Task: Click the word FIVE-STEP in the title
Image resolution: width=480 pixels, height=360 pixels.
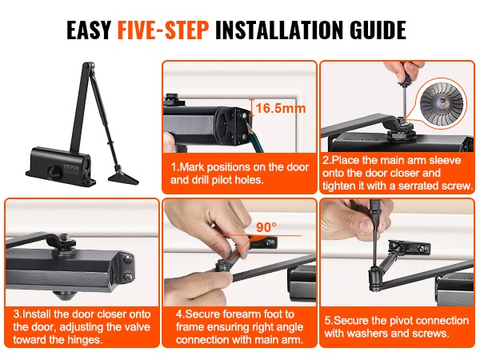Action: coord(163,30)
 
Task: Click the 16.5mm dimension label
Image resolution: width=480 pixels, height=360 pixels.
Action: coord(281,108)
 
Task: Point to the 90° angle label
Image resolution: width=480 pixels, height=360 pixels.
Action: coord(266,227)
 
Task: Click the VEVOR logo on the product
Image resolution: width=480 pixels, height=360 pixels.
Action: coord(71,167)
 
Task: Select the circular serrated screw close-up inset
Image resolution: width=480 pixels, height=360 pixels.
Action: coord(443,102)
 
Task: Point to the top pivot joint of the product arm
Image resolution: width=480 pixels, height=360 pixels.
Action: coord(89,67)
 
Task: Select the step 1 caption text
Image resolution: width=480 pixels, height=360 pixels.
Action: coord(239,174)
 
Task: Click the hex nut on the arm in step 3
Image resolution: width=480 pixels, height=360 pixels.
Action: coord(64,238)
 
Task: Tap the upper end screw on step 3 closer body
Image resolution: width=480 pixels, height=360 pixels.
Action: coord(127,260)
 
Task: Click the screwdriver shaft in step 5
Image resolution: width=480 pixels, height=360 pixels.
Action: coord(374,242)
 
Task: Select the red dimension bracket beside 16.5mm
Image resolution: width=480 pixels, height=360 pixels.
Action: coord(251,107)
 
